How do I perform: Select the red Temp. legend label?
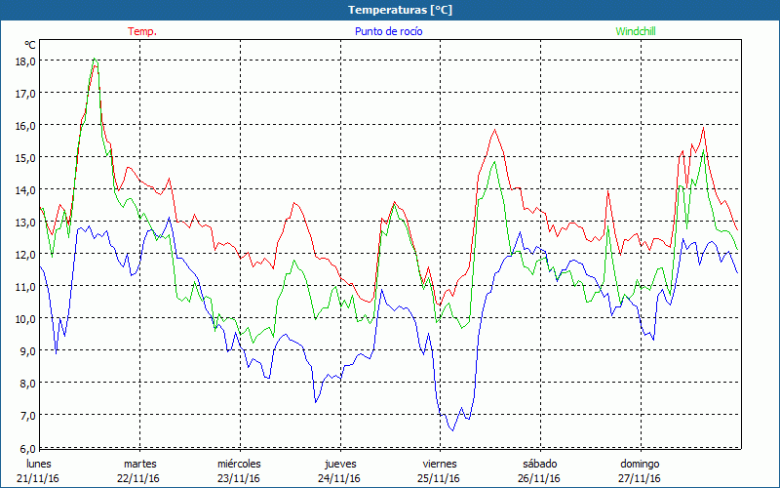point(142,31)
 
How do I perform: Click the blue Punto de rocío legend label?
point(388,31)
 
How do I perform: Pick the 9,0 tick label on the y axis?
point(26,350)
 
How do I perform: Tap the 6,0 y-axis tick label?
point(26,447)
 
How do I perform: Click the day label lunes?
point(38,464)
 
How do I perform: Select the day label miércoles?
point(239,464)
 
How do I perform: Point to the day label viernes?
point(439,464)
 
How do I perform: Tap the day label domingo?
point(640,464)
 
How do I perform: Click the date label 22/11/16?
point(139,478)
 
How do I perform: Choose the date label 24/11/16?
point(339,478)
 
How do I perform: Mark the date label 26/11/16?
point(539,478)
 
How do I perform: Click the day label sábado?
point(539,464)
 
